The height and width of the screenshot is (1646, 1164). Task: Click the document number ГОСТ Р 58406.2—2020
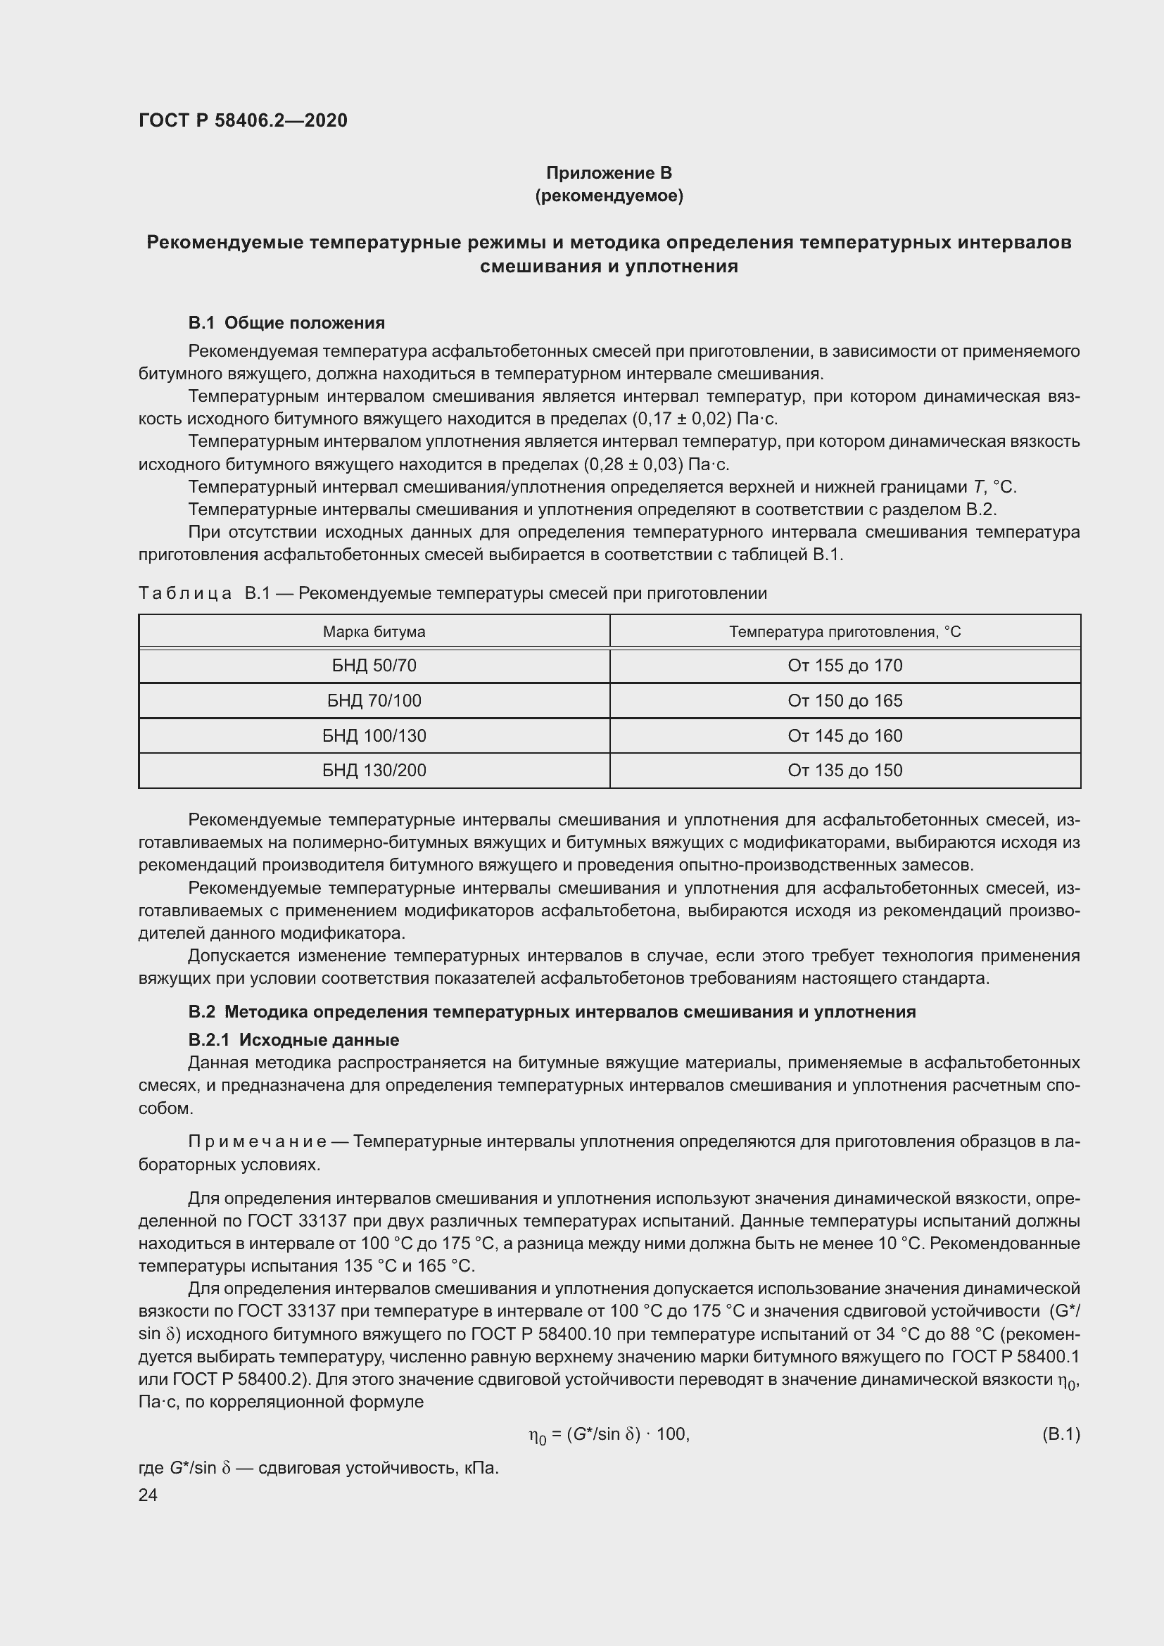pos(243,120)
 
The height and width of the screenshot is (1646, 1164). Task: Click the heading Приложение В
pos(609,173)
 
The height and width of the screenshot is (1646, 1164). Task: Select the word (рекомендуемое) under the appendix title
pos(609,196)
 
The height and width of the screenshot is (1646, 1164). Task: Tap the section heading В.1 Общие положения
pos(286,323)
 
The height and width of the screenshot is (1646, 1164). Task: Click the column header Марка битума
pos(374,631)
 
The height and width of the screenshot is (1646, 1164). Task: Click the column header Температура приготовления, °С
pos(844,631)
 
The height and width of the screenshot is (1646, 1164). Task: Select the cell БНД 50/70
pos(374,666)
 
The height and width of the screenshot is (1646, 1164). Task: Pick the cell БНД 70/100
pos(374,701)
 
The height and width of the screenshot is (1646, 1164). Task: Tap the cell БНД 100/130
pos(374,735)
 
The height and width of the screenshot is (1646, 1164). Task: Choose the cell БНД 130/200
pos(374,771)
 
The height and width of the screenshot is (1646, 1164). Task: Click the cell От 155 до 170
pos(844,666)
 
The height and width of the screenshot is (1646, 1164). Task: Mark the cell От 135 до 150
pos(844,771)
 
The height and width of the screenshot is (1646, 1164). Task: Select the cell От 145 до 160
pos(844,735)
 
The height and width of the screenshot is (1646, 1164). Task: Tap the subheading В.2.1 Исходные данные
pos(293,1040)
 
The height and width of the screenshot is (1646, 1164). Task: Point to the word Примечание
pos(257,1142)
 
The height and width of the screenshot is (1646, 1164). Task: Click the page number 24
pos(148,1495)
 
